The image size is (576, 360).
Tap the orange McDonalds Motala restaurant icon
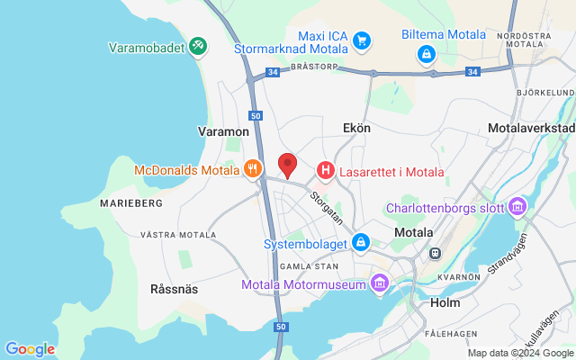pyautogui.click(x=253, y=168)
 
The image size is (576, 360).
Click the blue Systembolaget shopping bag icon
pyautogui.click(x=361, y=242)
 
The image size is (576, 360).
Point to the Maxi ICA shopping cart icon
pyautogui.click(x=362, y=40)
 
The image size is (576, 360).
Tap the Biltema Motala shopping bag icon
pyautogui.click(x=426, y=54)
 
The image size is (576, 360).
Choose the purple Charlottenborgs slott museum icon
pyautogui.click(x=517, y=208)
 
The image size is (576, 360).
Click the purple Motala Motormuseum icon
pyautogui.click(x=378, y=285)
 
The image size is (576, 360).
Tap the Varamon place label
pyautogui.click(x=222, y=131)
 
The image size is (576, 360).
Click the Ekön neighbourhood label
pyautogui.click(x=356, y=129)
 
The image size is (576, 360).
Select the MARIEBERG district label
pyautogui.click(x=131, y=203)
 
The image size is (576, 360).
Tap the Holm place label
pyautogui.click(x=445, y=302)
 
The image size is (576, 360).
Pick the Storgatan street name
pyautogui.click(x=327, y=206)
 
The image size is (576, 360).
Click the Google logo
pyautogui.click(x=30, y=349)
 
